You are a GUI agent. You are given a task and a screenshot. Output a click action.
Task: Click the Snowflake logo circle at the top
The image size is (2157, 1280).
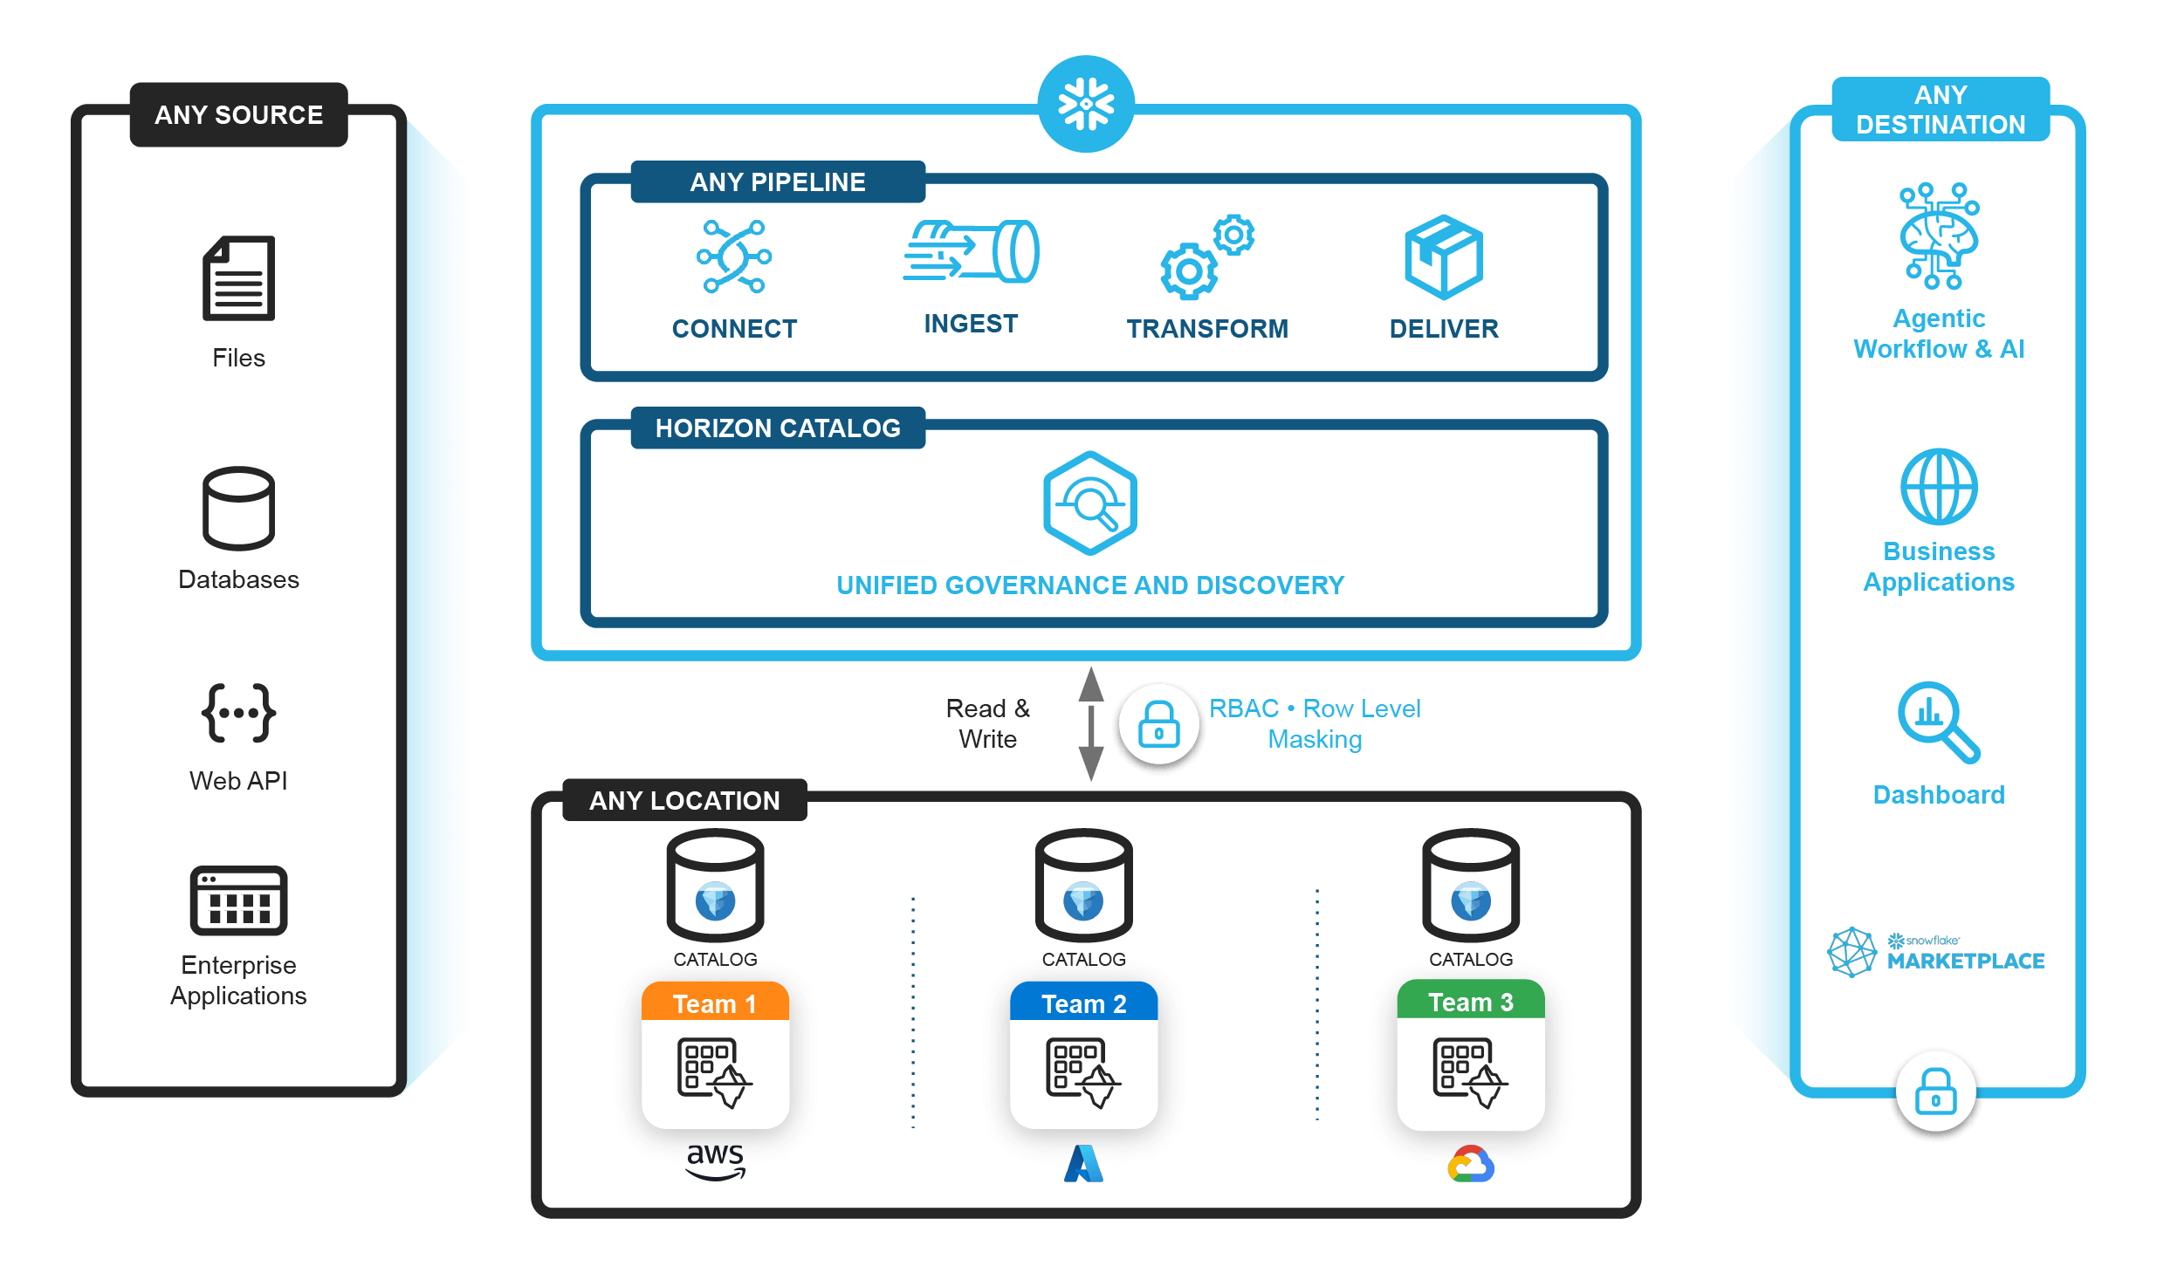pos(1086,105)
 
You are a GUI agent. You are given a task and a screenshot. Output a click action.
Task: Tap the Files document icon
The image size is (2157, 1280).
pos(238,278)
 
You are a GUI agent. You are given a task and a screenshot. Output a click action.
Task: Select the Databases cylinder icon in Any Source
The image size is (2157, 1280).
pos(238,508)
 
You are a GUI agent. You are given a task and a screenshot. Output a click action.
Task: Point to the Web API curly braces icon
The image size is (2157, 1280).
pos(238,713)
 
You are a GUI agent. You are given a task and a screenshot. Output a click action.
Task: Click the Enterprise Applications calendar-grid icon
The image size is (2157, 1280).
pos(238,900)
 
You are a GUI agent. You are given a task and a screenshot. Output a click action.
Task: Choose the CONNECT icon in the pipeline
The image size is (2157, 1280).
pos(733,257)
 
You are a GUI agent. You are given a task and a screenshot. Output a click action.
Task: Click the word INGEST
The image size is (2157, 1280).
pos(971,324)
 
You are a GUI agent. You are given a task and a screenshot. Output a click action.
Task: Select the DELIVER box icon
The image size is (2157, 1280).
pos(1444,257)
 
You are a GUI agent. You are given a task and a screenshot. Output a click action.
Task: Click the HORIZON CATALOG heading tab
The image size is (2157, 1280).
pos(778,428)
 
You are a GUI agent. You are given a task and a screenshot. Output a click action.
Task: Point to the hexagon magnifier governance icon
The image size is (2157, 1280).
pos(1090,503)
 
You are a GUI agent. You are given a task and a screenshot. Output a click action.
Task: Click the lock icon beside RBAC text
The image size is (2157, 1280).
pos(1158,724)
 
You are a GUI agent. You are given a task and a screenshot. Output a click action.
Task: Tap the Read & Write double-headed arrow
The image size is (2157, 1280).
pos(1090,723)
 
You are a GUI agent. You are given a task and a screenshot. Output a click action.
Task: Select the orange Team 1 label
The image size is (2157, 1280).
pos(715,1003)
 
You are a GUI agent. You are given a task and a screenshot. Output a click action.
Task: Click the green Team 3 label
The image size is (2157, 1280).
pos(1471,1002)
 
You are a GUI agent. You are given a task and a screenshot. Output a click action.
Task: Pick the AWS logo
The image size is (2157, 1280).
pos(715,1161)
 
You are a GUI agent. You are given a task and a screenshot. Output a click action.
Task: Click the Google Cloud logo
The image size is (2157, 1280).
pos(1471,1164)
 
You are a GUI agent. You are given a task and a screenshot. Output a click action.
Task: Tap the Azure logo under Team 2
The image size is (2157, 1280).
pos(1083,1164)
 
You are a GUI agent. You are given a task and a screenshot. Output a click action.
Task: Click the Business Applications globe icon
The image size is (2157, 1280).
pos(1939,487)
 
